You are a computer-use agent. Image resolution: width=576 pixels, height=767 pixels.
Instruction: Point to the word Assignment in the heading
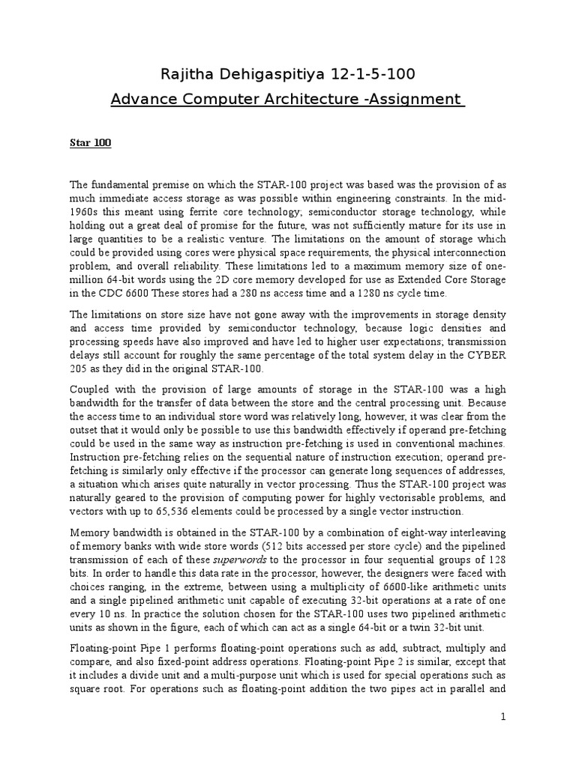tap(410, 99)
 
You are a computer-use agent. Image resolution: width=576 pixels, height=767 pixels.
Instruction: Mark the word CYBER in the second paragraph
tap(484, 357)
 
